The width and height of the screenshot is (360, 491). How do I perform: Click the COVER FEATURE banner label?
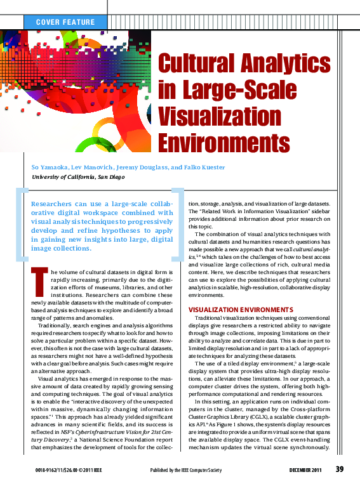tap(66, 22)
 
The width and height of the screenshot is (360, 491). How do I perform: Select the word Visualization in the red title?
tap(218, 117)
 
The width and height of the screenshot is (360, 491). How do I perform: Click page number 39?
tap(340, 469)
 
